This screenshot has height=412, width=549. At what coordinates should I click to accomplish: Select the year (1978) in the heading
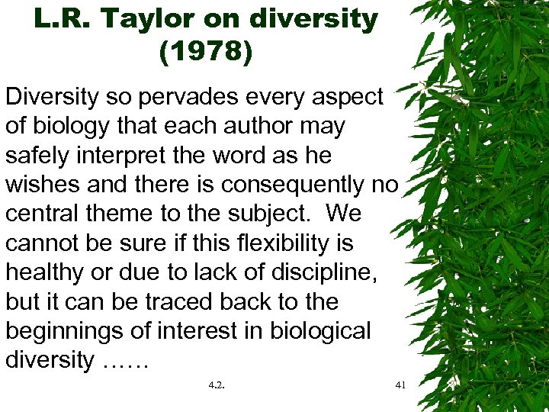point(206,53)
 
